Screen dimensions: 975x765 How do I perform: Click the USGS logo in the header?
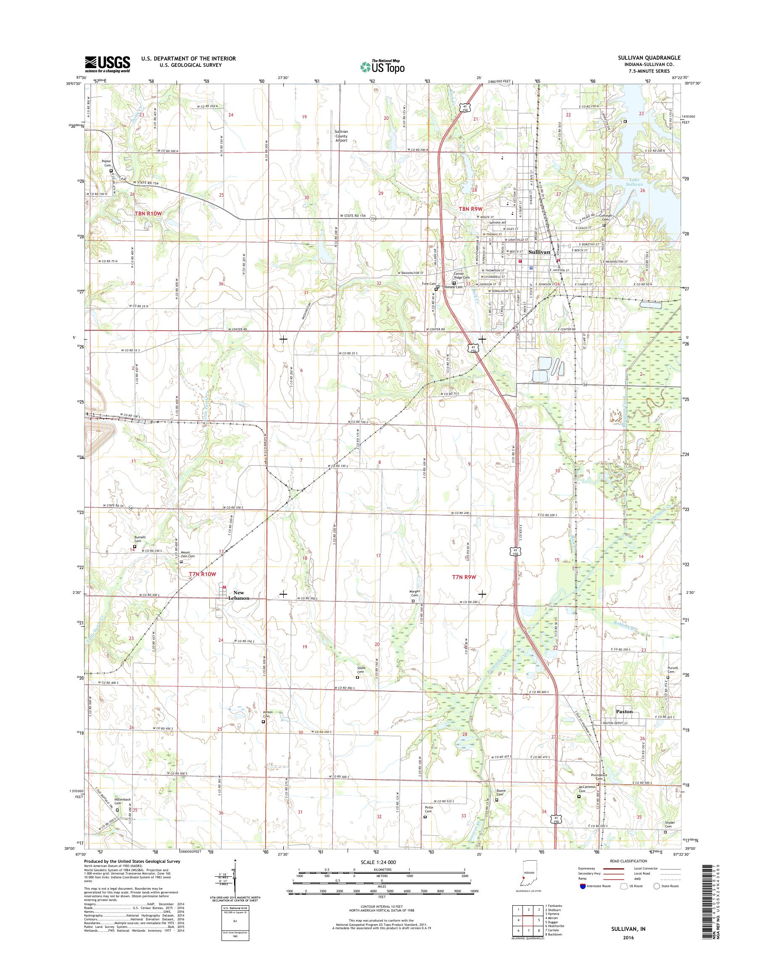pyautogui.click(x=108, y=64)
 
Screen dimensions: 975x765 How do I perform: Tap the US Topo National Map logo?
pyautogui.click(x=382, y=66)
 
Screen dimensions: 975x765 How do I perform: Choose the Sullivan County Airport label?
pyautogui.click(x=341, y=136)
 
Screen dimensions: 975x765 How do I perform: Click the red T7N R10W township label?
pyautogui.click(x=199, y=574)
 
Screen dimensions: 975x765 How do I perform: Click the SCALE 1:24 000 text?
pyautogui.click(x=378, y=862)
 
